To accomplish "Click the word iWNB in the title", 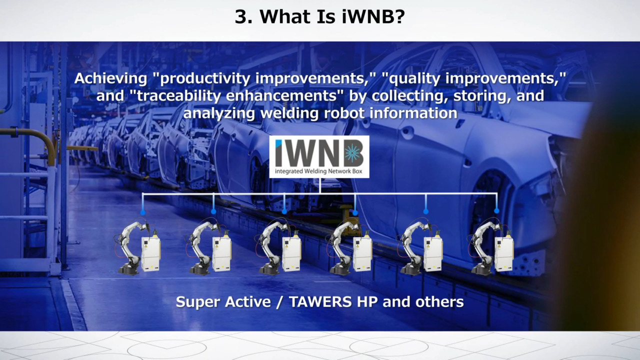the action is tap(373, 16).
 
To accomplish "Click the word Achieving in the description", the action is tap(110, 78).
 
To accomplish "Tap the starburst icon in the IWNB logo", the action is tap(352, 153).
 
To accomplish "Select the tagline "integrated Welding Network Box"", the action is tap(318, 171).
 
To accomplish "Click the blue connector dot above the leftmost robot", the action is tap(143, 212).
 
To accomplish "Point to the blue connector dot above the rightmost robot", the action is tap(496, 211).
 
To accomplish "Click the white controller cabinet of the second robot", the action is tap(221, 253).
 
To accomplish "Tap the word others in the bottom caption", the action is tap(439, 301).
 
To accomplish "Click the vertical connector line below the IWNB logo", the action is tap(319, 185).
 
